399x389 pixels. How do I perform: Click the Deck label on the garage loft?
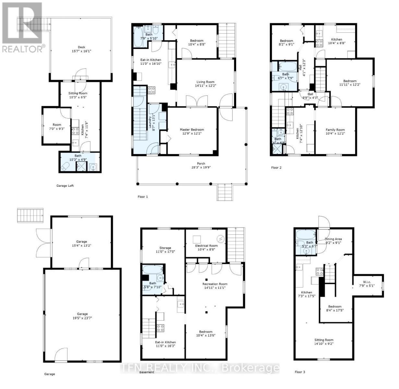click(81, 47)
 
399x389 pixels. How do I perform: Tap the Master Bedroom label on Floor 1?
click(192, 130)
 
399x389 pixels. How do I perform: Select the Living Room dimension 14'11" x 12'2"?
click(205, 86)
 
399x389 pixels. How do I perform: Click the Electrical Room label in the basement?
click(206, 245)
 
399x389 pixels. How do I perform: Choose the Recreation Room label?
click(215, 284)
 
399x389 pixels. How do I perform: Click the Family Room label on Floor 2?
click(335, 130)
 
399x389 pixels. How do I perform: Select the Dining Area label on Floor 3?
click(333, 239)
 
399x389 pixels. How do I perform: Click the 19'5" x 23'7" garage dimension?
click(82, 318)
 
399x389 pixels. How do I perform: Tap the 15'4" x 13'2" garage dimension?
click(82, 245)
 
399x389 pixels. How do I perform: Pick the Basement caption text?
click(147, 372)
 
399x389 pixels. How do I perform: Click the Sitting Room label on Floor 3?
click(323, 340)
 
